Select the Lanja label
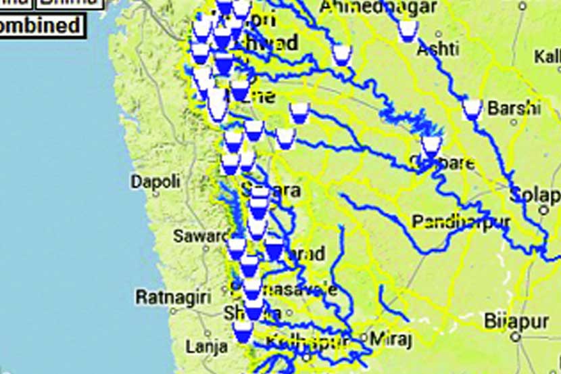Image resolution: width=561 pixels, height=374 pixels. tap(207, 347)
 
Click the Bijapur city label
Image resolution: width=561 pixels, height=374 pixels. tap(517, 320)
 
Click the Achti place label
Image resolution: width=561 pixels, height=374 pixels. tap(438, 49)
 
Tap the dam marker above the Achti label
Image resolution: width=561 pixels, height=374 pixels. tap(407, 30)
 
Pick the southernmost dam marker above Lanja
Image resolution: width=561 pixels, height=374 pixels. tap(243, 331)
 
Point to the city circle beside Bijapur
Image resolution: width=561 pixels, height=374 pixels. tap(516, 335)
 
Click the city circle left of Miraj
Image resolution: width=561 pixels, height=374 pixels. tap(364, 336)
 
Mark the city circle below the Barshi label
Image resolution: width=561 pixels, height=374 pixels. tap(514, 122)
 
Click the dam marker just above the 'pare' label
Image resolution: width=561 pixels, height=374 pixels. tap(431, 145)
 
